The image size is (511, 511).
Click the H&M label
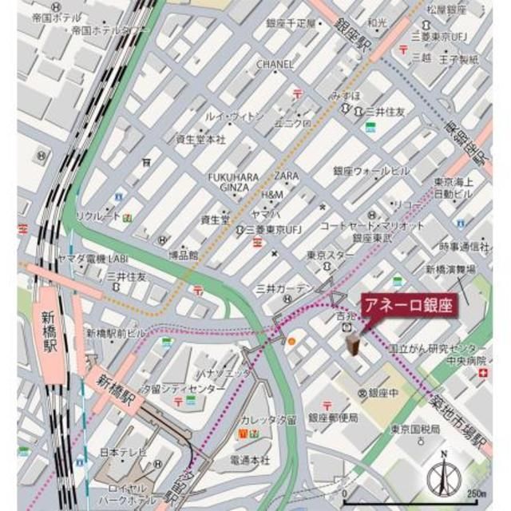tap(271, 195)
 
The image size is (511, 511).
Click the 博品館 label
tap(183, 255)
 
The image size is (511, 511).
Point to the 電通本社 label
tap(250, 460)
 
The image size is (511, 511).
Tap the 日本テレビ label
tap(122, 453)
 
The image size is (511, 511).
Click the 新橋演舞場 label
tap(456, 270)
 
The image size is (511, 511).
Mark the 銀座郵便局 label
tap(333, 418)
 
